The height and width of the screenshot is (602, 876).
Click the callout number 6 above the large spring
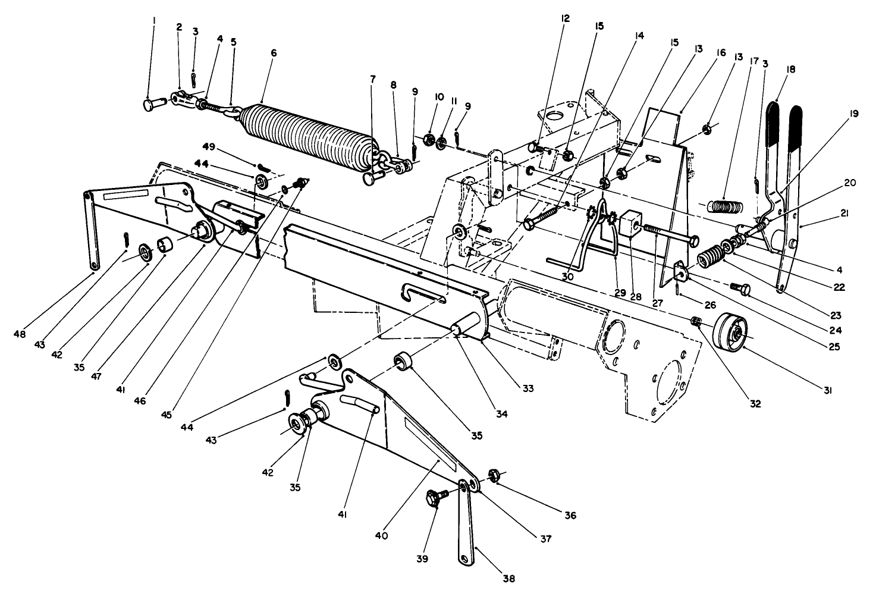(x=273, y=53)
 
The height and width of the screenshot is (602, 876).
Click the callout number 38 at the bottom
(x=509, y=578)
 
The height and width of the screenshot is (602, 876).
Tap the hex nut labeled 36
(x=493, y=474)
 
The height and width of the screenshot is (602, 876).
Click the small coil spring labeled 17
(x=724, y=206)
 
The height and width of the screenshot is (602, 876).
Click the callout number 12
(x=564, y=19)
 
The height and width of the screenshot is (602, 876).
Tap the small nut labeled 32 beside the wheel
(x=698, y=322)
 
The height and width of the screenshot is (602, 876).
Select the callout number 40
(x=381, y=535)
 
